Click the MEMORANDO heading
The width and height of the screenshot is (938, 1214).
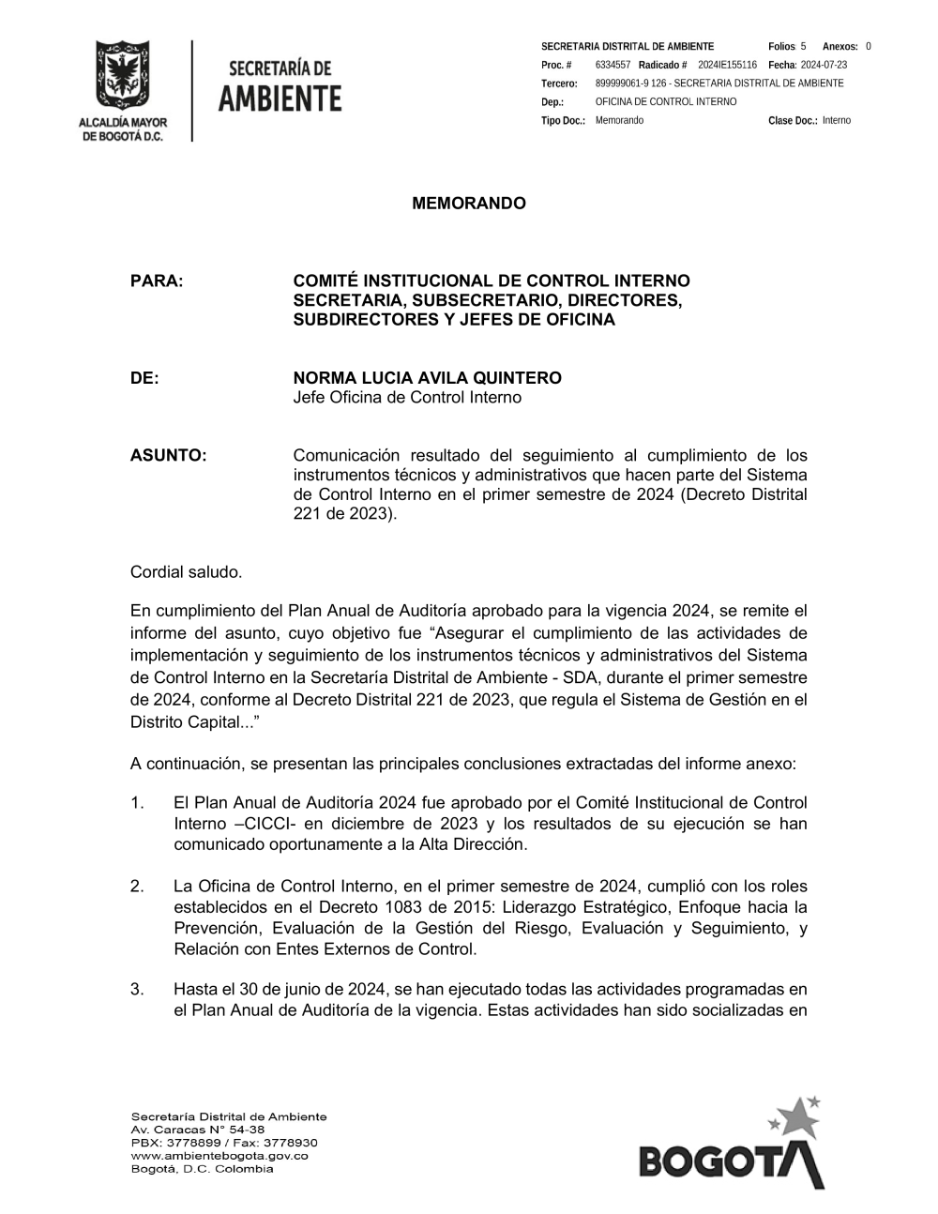coord(469,204)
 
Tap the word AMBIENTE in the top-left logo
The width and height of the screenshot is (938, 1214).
coord(280,99)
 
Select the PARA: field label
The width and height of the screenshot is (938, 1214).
coord(157,281)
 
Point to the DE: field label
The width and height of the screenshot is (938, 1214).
coord(144,378)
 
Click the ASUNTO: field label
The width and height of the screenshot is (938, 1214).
coord(168,455)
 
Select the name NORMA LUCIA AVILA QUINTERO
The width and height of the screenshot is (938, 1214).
coord(427,378)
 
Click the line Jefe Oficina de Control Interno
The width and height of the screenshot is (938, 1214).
coord(407,398)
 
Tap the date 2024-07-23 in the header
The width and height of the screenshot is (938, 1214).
coord(824,65)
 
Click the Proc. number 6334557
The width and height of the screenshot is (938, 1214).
coord(613,65)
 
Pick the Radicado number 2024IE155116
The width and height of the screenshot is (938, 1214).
coord(727,65)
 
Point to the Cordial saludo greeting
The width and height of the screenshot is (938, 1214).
coord(186,571)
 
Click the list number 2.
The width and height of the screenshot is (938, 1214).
coord(137,887)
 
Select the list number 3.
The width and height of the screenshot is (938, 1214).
coord(137,990)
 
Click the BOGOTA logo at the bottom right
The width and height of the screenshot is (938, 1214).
coord(732,1153)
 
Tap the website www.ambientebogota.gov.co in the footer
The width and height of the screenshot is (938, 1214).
coord(219,1156)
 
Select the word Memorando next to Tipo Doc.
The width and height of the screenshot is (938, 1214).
coord(619,121)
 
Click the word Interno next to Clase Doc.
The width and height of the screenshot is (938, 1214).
coord(837,121)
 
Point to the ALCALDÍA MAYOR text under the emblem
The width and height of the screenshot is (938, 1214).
coord(122,123)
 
